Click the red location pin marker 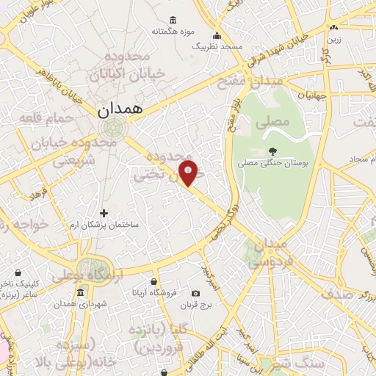coord(189,172)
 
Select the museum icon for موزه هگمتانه coord(173,20)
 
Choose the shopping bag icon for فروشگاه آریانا coord(153,282)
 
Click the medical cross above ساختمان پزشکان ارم coord(104,213)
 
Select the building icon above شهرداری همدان coord(81,293)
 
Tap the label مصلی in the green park coord(268,125)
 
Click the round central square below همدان coord(115,129)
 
